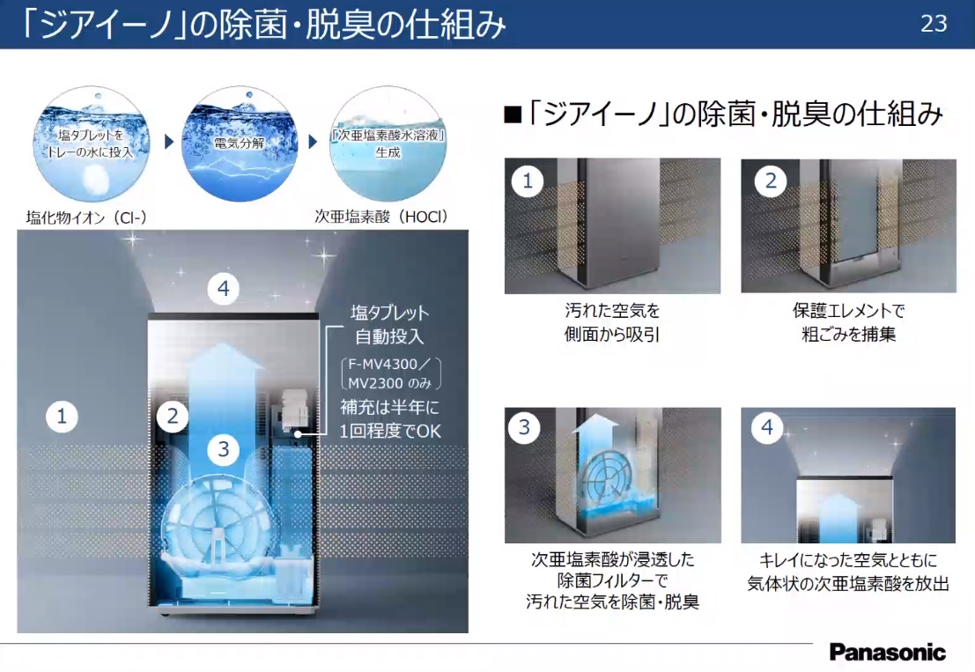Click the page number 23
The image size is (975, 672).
934,24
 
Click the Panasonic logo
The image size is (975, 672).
887,652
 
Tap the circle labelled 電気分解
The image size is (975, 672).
240,144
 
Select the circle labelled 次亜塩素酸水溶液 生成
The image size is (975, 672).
388,144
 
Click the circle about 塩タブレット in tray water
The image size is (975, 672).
92,144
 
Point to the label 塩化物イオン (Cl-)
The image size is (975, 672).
86,218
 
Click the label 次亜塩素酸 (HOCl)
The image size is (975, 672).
381,217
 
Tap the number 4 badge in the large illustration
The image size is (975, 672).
223,289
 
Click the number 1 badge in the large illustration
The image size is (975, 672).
62,417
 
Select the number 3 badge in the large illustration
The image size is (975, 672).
223,449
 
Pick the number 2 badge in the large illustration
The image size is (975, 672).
173,417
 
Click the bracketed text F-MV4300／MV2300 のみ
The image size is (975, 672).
391,373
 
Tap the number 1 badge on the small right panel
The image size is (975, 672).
528,181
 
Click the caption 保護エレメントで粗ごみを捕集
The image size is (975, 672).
848,322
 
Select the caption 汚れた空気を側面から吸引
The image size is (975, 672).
612,322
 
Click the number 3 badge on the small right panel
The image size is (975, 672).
524,428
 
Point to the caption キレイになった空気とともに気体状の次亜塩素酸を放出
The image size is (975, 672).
848,572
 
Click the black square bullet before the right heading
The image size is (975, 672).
513,115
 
